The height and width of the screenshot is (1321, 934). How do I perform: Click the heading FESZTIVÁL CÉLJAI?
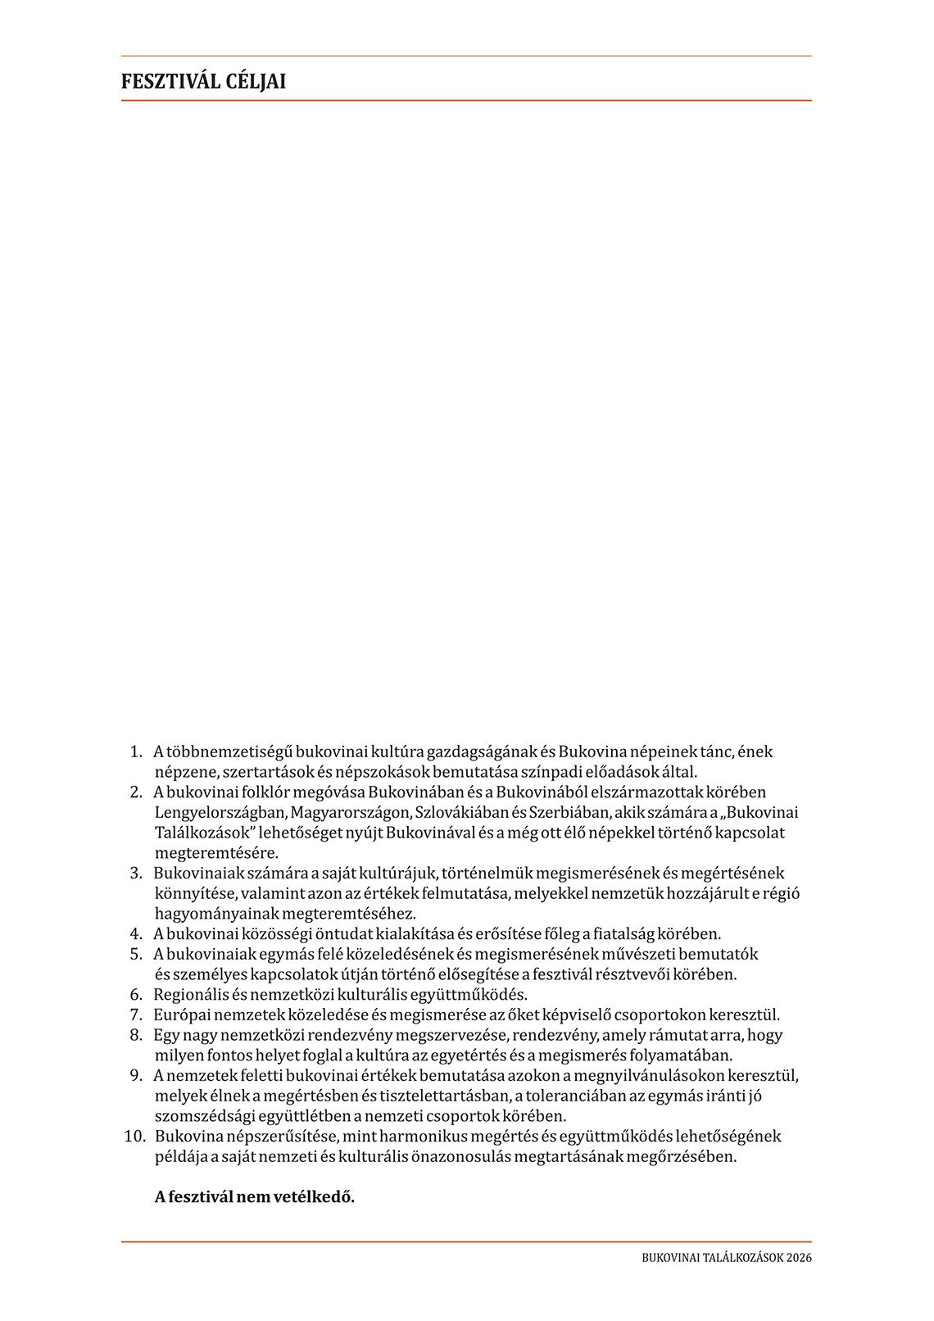(x=203, y=82)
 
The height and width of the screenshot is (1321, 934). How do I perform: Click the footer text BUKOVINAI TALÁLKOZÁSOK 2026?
(x=727, y=1258)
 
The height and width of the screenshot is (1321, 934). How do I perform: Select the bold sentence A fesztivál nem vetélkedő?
(x=254, y=1196)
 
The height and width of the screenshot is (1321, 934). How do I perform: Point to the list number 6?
(x=136, y=995)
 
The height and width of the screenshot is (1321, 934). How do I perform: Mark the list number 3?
(x=136, y=874)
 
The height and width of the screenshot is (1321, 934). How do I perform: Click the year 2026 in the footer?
(x=798, y=1258)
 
